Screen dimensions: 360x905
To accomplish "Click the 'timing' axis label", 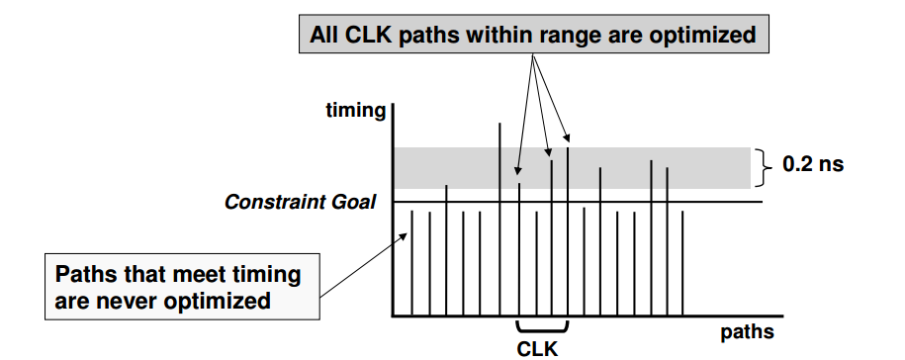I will [355, 111].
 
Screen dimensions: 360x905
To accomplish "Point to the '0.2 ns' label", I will [813, 164].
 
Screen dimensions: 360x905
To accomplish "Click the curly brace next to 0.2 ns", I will [763, 167].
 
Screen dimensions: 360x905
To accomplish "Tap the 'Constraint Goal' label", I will [300, 203].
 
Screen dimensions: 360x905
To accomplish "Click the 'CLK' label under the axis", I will [539, 347].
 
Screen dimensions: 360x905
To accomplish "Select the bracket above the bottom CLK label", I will [542, 327].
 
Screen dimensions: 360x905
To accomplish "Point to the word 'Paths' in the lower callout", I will [84, 274].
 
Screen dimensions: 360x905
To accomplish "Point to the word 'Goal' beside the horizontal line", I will [355, 203].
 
